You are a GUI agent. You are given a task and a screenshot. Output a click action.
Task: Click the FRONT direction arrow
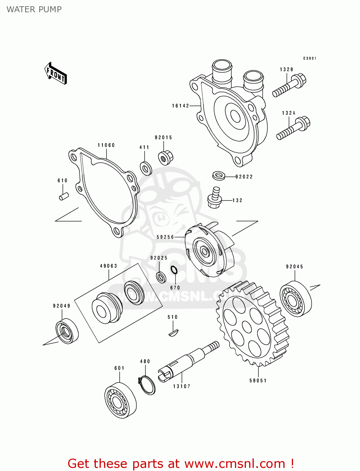[56, 73]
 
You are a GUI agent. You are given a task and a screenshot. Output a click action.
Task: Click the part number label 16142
[180, 106]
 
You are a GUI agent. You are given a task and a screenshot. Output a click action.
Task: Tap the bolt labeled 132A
[293, 129]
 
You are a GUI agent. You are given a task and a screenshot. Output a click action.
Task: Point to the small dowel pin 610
[64, 196]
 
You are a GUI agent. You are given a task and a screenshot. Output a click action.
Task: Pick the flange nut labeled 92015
[165, 158]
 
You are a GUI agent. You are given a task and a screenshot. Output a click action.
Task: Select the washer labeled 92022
[219, 176]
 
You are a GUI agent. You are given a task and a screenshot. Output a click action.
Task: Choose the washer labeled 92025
[161, 277]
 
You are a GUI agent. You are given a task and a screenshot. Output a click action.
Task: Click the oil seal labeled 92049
[67, 331]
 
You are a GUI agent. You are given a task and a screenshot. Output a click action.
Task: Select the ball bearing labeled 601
[120, 400]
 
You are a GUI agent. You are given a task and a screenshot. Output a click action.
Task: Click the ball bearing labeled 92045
[295, 299]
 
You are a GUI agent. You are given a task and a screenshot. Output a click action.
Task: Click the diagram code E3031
[310, 58]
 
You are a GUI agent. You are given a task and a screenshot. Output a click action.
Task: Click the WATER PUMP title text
[34, 9]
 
